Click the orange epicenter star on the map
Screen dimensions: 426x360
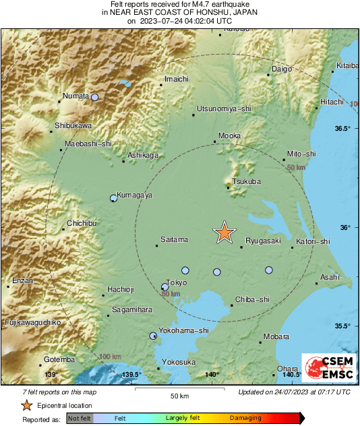[224, 233]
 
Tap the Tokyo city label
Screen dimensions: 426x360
[176, 282]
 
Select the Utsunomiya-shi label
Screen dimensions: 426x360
[223, 108]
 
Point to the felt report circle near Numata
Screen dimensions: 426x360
[95, 98]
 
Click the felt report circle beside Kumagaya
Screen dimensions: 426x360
[113, 198]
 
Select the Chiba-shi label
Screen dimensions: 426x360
[253, 299]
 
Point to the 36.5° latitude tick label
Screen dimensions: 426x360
[344, 128]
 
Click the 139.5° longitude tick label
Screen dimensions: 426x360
[131, 375]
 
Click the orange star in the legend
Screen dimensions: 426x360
[26, 405]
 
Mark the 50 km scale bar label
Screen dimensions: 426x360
[178, 395]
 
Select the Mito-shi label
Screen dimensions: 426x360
[301, 154]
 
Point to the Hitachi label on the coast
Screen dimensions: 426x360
[332, 101]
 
